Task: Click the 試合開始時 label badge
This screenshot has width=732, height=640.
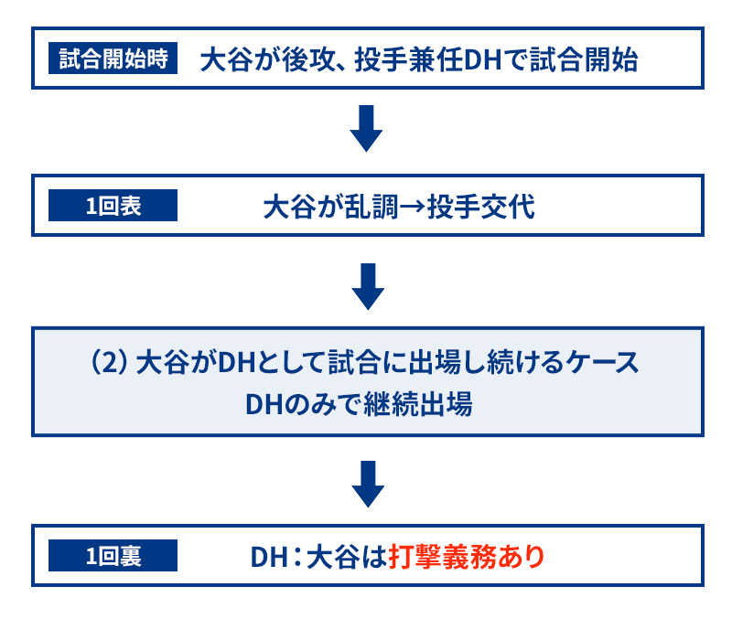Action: pyautogui.click(x=113, y=59)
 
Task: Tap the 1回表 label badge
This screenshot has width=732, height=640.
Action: pyautogui.click(x=113, y=205)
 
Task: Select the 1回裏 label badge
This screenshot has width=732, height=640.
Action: pyautogui.click(x=113, y=556)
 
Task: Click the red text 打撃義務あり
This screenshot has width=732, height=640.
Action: pyautogui.click(x=467, y=557)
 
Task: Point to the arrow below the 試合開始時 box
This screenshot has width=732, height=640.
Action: pyautogui.click(x=367, y=128)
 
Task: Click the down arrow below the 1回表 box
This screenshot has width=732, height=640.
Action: pyautogui.click(x=368, y=286)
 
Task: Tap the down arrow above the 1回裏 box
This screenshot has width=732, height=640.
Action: pyautogui.click(x=368, y=485)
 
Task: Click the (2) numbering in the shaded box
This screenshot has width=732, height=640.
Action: pyautogui.click(x=109, y=362)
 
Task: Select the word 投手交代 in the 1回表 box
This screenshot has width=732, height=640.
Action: pyautogui.click(x=481, y=207)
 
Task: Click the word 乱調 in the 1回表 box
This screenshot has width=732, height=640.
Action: pyautogui.click(x=371, y=207)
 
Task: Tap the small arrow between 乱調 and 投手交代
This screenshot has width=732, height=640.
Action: pyautogui.click(x=413, y=208)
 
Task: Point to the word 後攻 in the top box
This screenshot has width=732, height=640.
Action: pyautogui.click(x=308, y=59)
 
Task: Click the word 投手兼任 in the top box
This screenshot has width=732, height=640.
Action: pyautogui.click(x=409, y=59)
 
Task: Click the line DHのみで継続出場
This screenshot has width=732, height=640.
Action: pyautogui.click(x=359, y=404)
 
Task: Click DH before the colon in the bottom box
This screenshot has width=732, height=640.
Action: pyautogui.click(x=269, y=557)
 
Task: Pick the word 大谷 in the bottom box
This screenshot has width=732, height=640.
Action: pyautogui.click(x=333, y=557)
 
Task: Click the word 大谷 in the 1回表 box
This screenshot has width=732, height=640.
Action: pyautogui.click(x=290, y=207)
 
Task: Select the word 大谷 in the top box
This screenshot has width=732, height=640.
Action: pyautogui.click(x=227, y=59)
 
